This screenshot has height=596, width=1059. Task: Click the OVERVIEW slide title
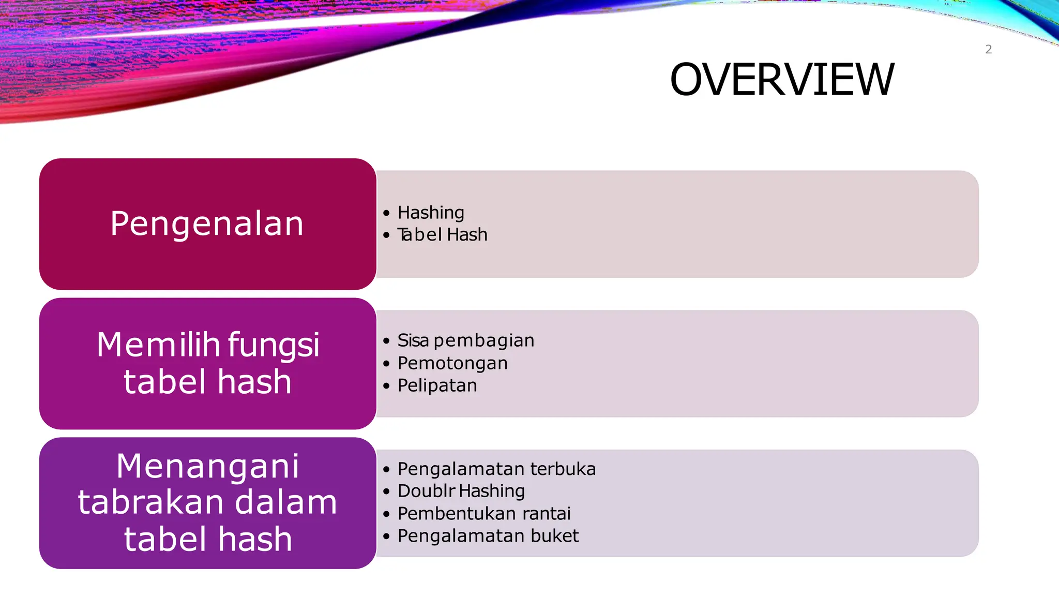tap(781, 80)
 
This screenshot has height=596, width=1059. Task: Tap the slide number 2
tap(988, 50)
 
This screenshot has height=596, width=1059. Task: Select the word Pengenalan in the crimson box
tap(207, 224)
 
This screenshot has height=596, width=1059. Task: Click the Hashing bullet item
tap(431, 213)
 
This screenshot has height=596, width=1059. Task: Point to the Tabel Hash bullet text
tap(442, 235)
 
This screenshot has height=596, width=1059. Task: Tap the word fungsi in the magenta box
tap(274, 346)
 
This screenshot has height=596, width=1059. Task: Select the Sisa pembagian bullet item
tap(465, 340)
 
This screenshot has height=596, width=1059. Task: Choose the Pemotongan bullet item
tap(452, 363)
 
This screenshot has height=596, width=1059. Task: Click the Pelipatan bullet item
tap(437, 385)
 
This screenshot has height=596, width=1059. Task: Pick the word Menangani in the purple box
tap(207, 466)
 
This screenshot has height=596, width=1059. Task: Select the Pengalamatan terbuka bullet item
tap(496, 469)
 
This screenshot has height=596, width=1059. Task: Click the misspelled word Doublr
tap(426, 491)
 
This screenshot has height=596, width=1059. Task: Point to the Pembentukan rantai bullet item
tap(484, 514)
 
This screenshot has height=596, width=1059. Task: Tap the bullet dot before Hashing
tap(386, 213)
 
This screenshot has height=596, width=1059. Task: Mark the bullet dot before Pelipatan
tap(386, 386)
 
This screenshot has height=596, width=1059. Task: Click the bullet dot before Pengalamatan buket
tap(386, 537)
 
